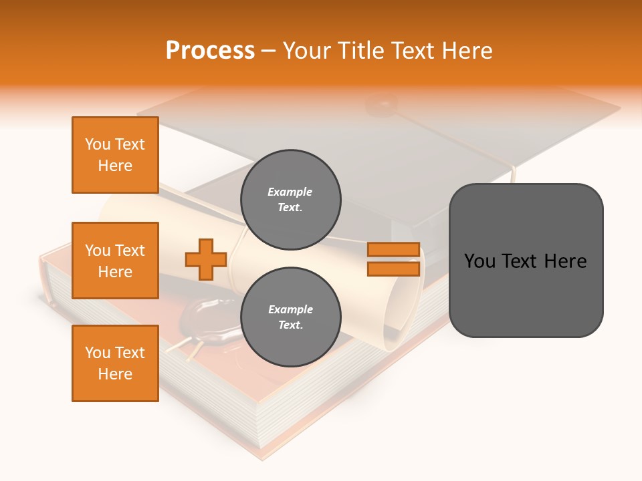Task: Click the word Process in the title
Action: [x=210, y=51]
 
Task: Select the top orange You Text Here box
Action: [x=115, y=155]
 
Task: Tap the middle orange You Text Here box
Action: [x=115, y=261]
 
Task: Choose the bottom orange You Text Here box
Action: [x=115, y=363]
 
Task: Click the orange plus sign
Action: [x=206, y=259]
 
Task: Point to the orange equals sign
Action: [x=393, y=259]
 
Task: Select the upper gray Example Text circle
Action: [x=290, y=200]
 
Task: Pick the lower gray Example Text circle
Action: [x=290, y=317]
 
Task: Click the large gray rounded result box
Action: [x=526, y=261]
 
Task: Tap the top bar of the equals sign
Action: [x=393, y=250]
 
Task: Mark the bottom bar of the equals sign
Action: [x=393, y=269]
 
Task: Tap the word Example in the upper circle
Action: [x=290, y=192]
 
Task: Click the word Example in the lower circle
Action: [x=290, y=310]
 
